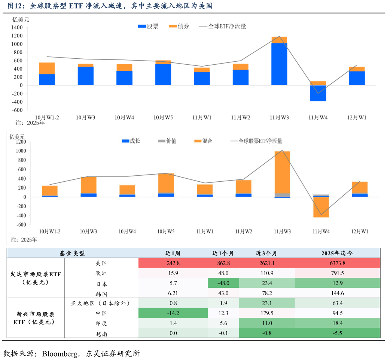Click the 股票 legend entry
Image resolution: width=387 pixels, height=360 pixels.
pyautogui.click(x=148, y=26)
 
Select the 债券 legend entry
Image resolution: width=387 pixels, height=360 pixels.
pyautogui.click(x=179, y=26)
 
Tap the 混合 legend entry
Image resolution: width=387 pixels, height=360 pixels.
pyautogui.click(x=203, y=141)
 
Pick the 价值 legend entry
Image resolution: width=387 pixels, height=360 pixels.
pyautogui.click(x=167, y=141)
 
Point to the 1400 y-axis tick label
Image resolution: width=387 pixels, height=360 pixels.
pyautogui.click(x=17, y=28)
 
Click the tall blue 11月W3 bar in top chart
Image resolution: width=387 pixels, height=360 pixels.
pyautogui.click(x=279, y=64)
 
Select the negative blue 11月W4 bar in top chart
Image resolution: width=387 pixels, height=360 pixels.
pyautogui.click(x=318, y=93)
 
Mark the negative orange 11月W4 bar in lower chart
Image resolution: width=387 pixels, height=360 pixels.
pyautogui.click(x=321, y=207)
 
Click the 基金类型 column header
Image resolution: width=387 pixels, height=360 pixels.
pyautogui.click(x=72, y=253)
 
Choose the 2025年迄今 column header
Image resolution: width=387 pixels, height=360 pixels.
pyautogui.click(x=337, y=253)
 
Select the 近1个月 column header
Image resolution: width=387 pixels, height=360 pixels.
pyautogui.click(x=223, y=253)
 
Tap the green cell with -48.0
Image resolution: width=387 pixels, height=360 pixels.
pyautogui.click(x=223, y=283)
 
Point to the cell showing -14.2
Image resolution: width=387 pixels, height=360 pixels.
pyautogui.click(x=173, y=313)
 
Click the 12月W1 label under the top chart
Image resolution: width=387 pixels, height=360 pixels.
pyautogui.click(x=357, y=117)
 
